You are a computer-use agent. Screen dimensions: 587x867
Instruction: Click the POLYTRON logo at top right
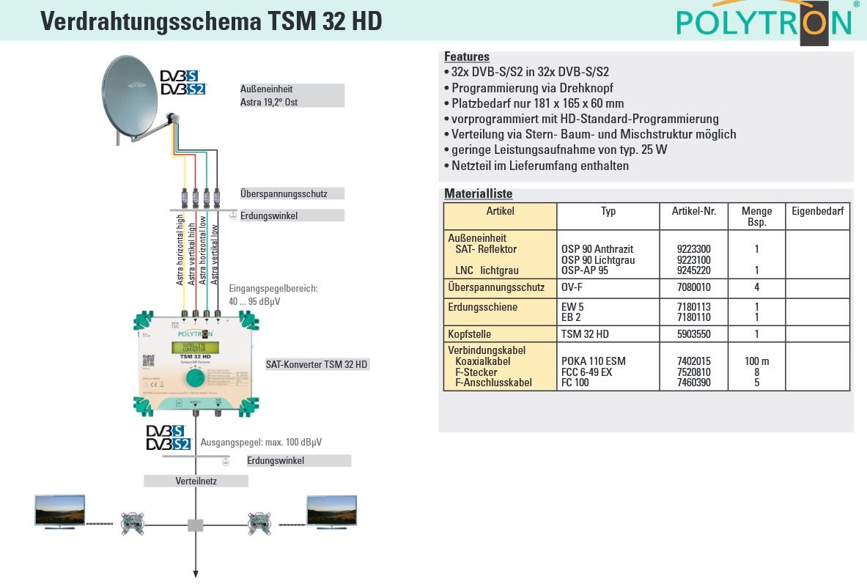764,23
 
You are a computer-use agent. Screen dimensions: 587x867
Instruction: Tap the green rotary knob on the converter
195,378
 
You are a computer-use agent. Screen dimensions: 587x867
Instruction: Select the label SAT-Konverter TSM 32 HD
317,364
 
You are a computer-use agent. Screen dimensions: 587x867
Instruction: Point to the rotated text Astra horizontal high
180,248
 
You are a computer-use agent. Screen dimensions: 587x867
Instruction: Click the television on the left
60,509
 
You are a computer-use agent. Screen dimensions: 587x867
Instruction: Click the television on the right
331,509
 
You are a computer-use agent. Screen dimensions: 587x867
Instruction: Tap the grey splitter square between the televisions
196,525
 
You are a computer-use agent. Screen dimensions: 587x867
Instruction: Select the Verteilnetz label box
196,481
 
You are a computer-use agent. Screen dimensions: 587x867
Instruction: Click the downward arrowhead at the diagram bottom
196,574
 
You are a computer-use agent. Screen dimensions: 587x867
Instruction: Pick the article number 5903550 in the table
691,334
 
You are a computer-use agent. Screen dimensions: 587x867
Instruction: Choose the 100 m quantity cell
756,361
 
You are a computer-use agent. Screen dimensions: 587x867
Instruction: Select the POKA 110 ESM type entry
594,361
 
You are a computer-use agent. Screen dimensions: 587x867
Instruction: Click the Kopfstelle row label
469,334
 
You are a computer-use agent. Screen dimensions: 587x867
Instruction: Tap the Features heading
467,57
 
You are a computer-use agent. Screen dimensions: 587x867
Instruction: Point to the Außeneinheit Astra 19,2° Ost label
291,95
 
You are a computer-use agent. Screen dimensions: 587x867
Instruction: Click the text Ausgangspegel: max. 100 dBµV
261,443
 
